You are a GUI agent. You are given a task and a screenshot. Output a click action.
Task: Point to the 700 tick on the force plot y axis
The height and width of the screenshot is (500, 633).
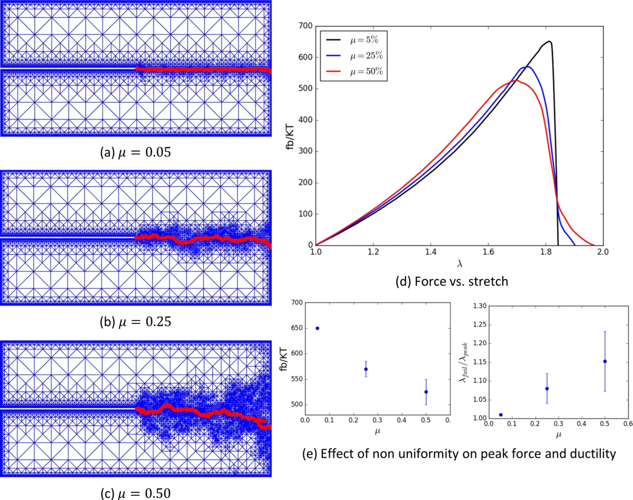(x=304, y=26)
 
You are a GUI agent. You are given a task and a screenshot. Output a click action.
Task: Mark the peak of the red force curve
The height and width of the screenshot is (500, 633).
(x=517, y=80)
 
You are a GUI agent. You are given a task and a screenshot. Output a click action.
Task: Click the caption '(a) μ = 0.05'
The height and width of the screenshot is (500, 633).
(x=135, y=153)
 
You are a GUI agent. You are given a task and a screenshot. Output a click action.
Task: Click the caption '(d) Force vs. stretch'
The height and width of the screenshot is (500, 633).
(x=452, y=281)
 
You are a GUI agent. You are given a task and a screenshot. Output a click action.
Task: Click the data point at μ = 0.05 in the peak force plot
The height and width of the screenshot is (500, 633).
(x=317, y=328)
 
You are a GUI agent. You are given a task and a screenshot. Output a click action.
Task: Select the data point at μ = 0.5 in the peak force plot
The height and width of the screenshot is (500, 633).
(x=426, y=392)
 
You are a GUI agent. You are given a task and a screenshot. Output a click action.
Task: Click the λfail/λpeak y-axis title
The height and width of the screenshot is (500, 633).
(x=466, y=361)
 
